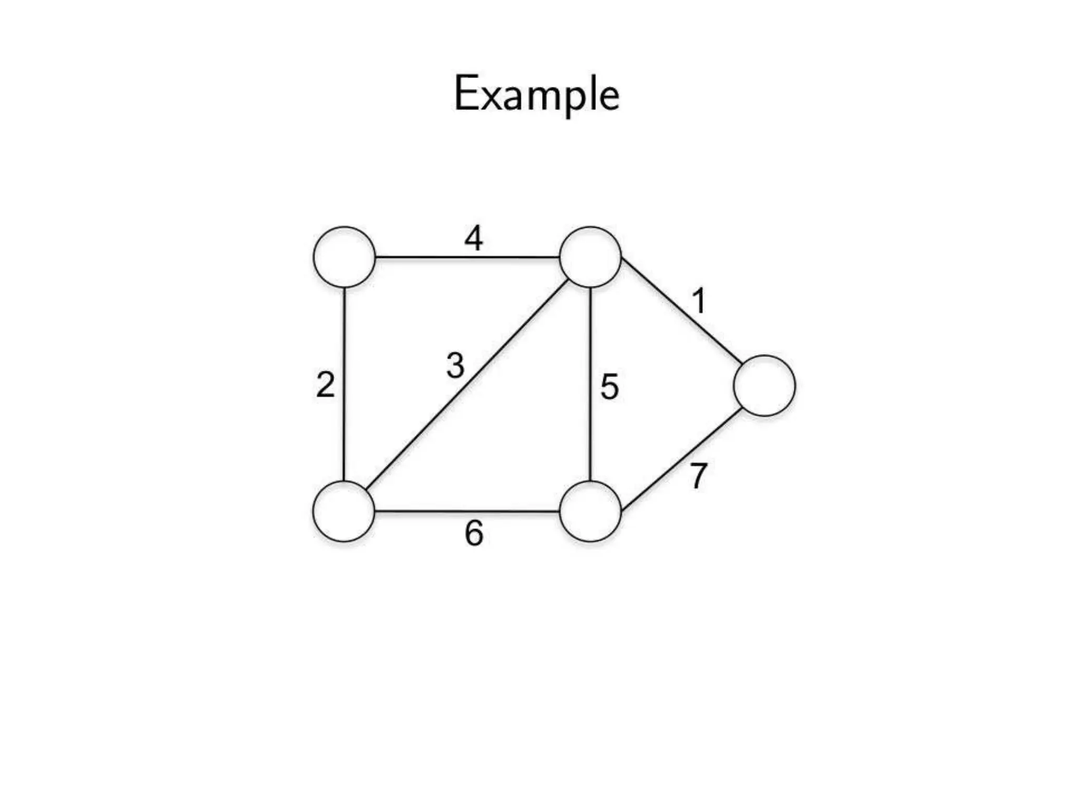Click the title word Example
537,95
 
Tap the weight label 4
474,238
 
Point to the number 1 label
699,301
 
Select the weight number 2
326,385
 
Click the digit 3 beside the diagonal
455,365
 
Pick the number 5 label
609,387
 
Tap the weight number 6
474,534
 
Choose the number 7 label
698,476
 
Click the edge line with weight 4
466,257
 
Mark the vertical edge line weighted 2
344,385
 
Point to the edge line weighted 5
590,385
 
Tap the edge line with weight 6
466,511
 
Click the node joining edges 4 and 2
344,257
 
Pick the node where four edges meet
590,257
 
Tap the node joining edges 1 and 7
765,386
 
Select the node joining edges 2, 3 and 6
344,511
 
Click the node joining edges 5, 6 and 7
590,511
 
